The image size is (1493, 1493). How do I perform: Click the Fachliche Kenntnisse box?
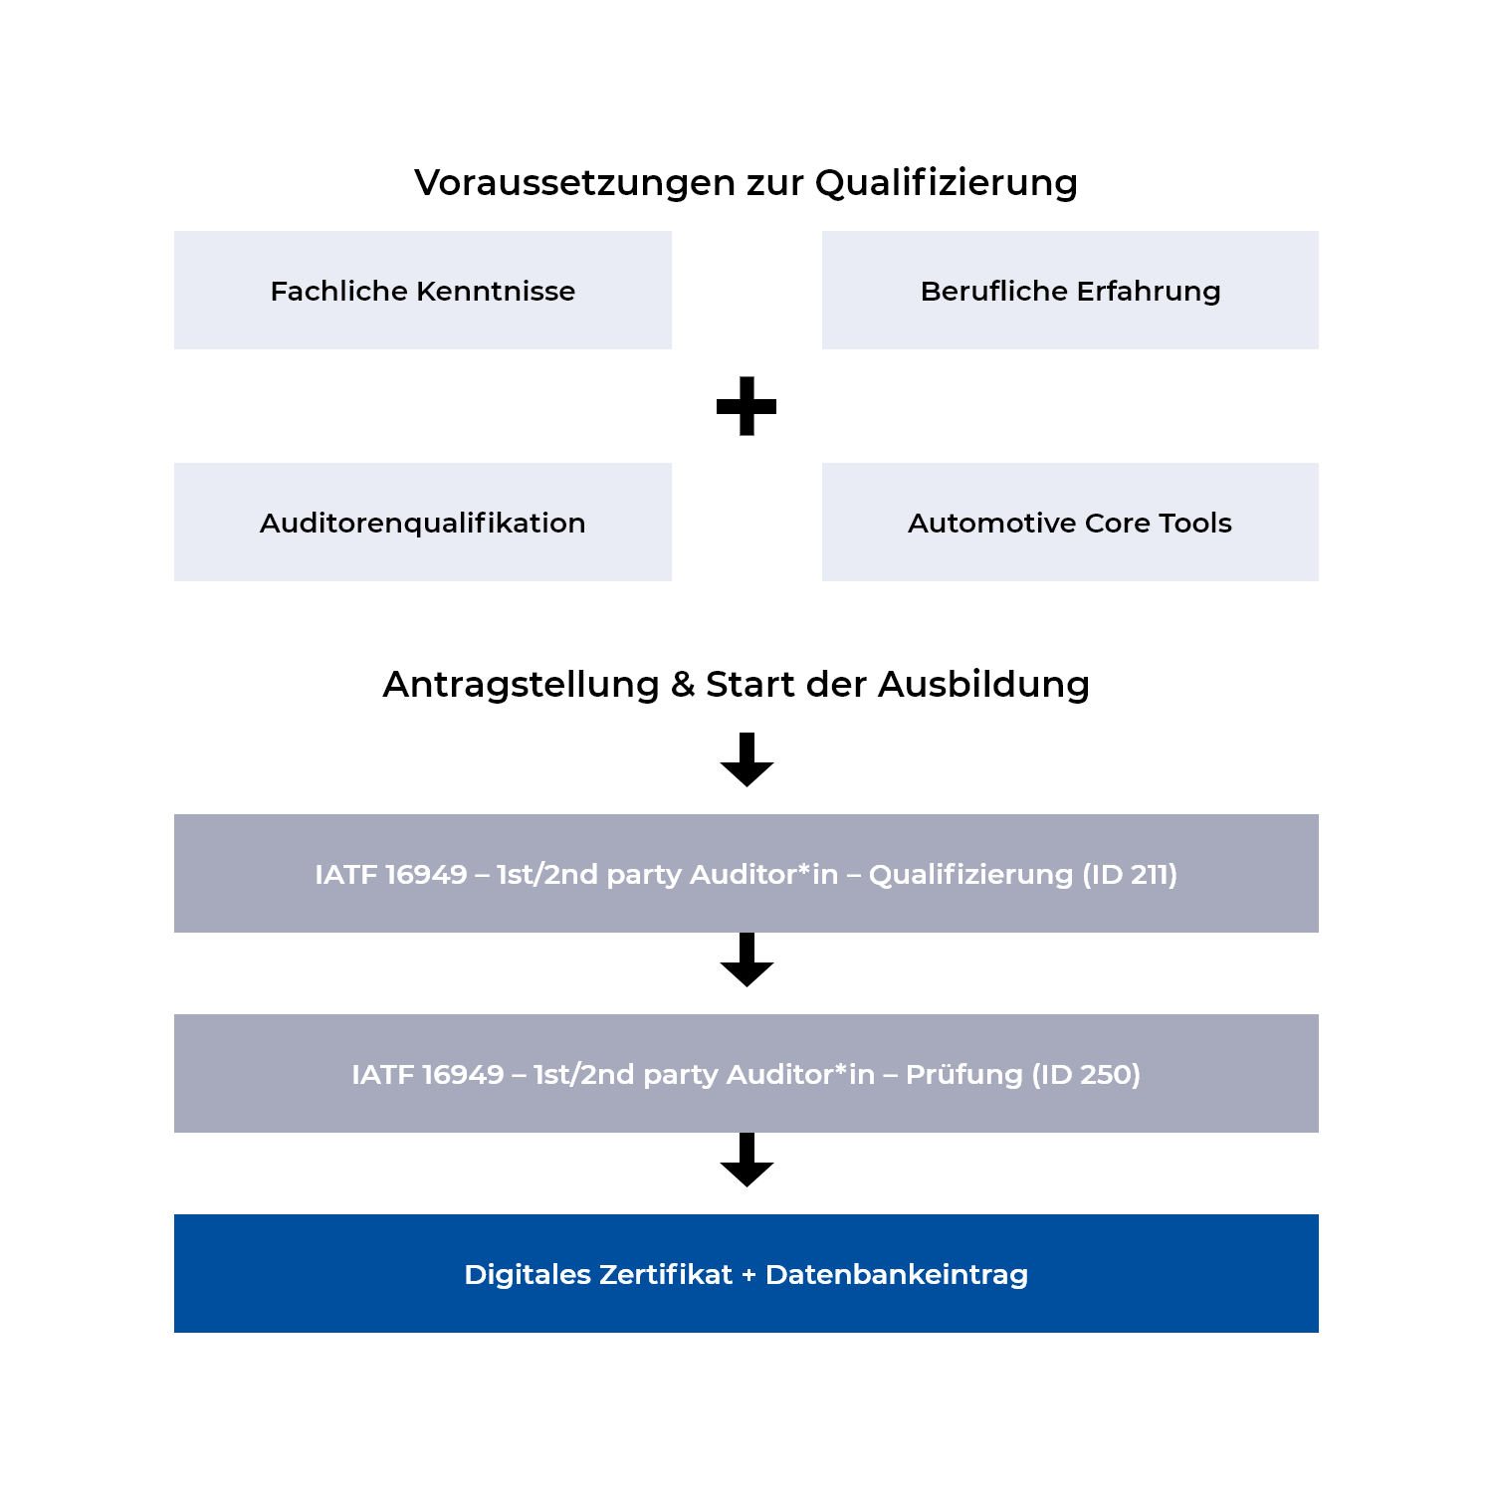[422, 291]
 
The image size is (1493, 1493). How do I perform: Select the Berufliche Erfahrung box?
[1070, 291]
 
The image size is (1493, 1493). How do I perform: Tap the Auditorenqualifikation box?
[422, 523]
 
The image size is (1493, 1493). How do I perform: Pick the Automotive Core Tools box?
[1070, 523]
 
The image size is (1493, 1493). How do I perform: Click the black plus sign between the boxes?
[746, 406]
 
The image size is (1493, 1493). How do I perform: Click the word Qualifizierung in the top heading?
[946, 183]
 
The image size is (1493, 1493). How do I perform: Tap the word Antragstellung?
[521, 685]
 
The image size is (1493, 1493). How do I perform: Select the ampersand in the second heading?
[683, 685]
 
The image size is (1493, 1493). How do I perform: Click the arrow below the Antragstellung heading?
[746, 760]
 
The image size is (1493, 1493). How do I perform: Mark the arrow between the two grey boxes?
[746, 960]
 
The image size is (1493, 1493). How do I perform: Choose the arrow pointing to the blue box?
[746, 1161]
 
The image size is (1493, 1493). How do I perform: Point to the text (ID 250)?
[1086, 1075]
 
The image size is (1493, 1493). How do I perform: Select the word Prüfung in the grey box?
[963, 1075]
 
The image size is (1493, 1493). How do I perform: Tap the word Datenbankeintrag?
[896, 1275]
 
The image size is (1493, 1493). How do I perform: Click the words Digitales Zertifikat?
[597, 1275]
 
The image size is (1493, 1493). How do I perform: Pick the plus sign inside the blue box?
[748, 1276]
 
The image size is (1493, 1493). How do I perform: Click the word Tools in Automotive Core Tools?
[1195, 523]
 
